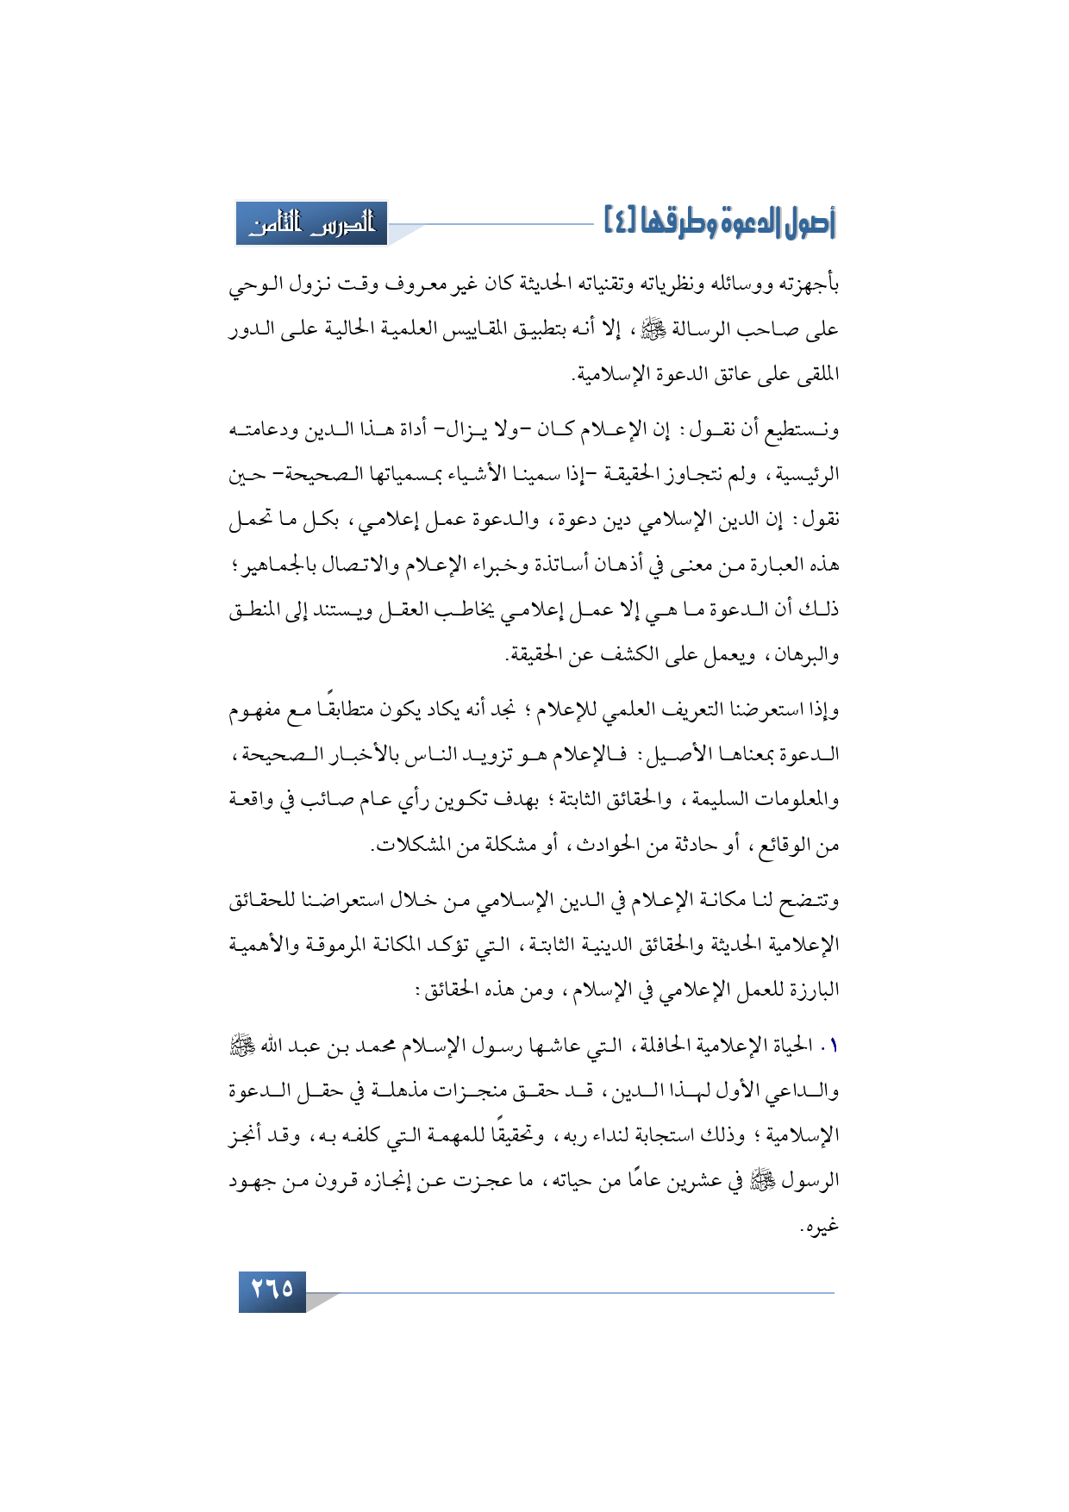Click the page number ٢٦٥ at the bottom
click(272, 1290)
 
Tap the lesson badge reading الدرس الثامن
click(312, 224)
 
